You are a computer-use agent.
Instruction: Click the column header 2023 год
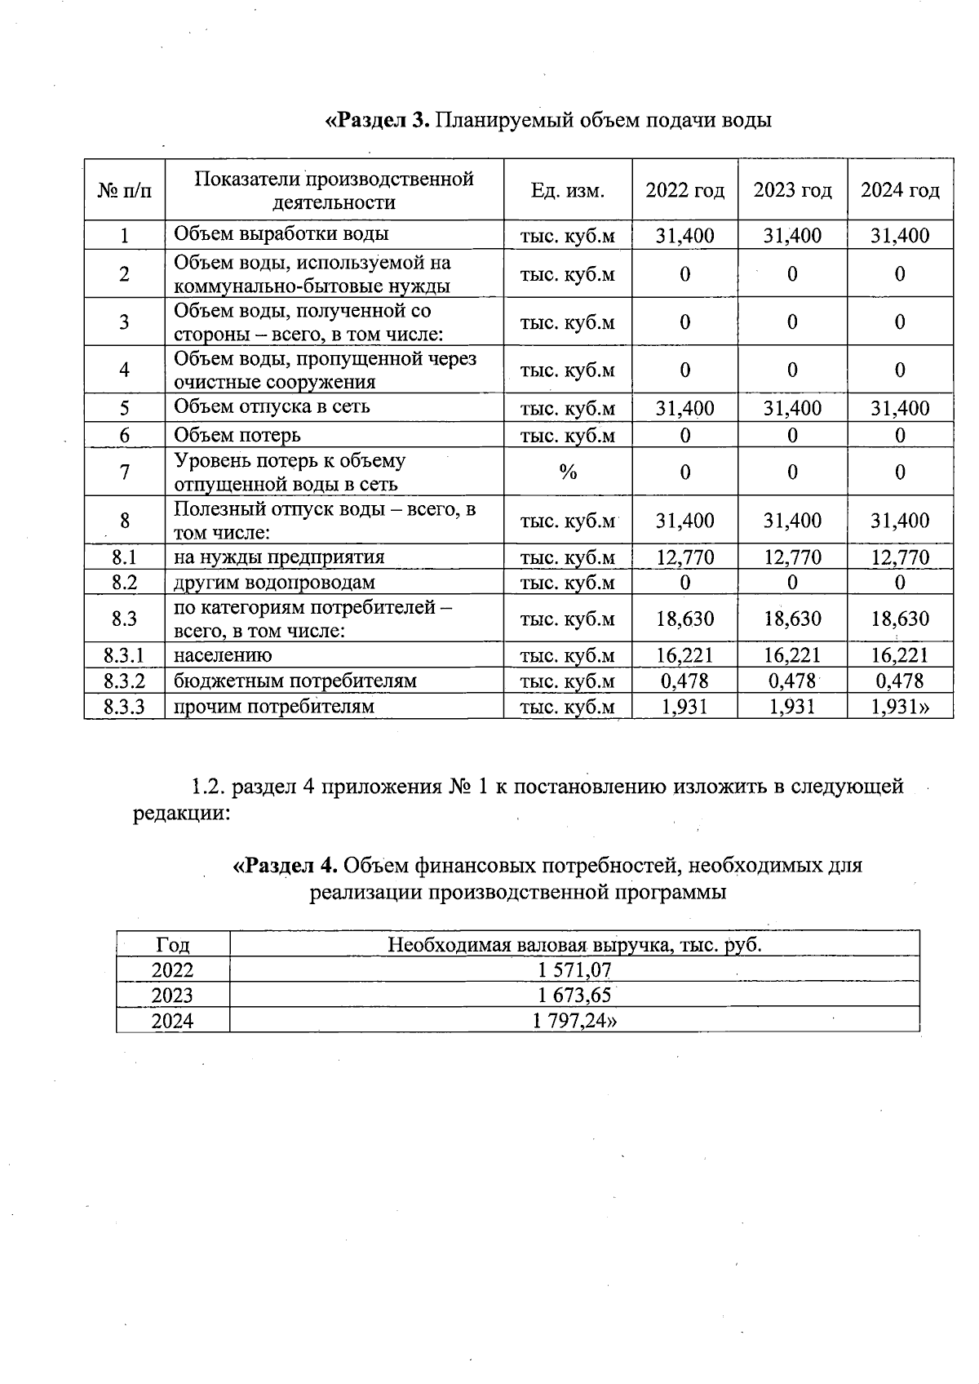[792, 190]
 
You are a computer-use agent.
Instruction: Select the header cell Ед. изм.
[568, 191]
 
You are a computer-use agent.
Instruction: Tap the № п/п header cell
[124, 191]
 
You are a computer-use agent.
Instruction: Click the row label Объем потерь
[237, 435]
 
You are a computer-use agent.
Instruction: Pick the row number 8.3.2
[124, 681]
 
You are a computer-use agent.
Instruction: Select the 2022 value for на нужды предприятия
[684, 557]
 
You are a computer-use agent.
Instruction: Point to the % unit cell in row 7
[568, 472]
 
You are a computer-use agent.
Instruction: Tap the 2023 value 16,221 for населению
[792, 655]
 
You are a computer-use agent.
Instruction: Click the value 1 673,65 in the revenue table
[574, 995]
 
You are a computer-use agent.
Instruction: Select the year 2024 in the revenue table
[173, 1020]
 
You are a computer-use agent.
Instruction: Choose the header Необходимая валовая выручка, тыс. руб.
[574, 945]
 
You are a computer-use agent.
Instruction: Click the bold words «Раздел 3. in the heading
[377, 121]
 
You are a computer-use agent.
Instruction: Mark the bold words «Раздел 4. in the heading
[286, 864]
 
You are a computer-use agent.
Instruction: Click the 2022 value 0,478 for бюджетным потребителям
[684, 681]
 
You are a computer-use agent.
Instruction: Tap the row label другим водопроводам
[274, 583]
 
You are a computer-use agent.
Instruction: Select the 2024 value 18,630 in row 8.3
[900, 619]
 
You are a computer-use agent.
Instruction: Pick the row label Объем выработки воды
[281, 234]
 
